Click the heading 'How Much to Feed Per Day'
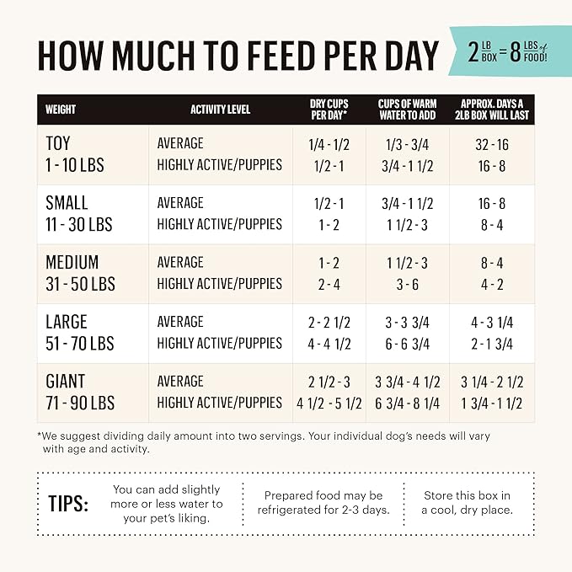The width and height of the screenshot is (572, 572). [238, 56]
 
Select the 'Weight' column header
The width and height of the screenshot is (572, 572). [61, 110]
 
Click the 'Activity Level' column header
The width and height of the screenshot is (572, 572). [220, 110]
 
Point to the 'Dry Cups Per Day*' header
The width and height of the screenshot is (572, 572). [329, 110]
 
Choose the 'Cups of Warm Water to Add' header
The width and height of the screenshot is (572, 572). [408, 110]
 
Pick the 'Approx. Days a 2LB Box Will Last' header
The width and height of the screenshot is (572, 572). [492, 110]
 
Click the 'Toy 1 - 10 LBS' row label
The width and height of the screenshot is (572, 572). [75, 154]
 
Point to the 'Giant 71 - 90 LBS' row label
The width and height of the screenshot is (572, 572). [80, 392]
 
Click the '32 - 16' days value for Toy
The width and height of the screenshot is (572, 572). [493, 143]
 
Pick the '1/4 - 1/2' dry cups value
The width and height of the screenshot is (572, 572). [329, 143]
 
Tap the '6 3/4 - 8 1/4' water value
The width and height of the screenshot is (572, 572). [408, 403]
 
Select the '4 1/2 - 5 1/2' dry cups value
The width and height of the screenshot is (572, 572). [329, 403]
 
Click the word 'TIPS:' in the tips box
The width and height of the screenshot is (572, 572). [68, 504]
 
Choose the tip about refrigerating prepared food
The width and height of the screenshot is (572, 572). [323, 503]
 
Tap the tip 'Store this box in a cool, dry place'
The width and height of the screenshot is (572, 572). [467, 503]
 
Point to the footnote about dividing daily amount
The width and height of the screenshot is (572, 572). [264, 442]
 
